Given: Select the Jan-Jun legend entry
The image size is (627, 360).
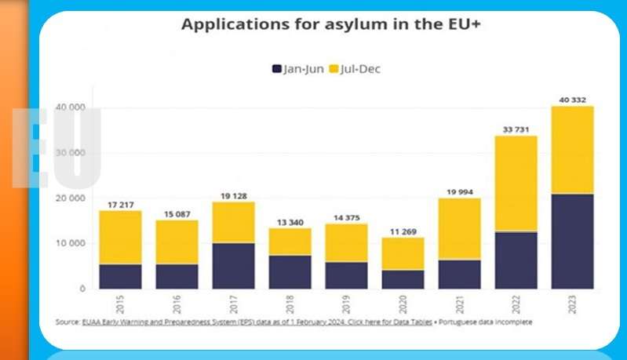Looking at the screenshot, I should [298, 69].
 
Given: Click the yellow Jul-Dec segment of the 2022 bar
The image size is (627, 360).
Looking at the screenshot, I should [515, 183].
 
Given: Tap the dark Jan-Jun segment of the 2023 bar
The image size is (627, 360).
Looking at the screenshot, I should [571, 241].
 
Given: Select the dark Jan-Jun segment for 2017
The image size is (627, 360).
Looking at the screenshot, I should [233, 265].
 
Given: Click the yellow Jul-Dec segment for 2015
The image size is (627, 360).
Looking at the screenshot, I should [120, 237].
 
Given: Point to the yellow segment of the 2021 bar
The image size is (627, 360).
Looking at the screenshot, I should [458, 228].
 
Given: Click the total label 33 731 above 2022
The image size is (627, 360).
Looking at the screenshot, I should [515, 129].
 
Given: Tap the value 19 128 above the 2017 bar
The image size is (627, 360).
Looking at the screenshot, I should [233, 195].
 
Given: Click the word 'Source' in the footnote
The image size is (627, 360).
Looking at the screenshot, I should [67, 322].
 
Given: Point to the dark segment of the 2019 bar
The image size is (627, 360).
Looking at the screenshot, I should [346, 275].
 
